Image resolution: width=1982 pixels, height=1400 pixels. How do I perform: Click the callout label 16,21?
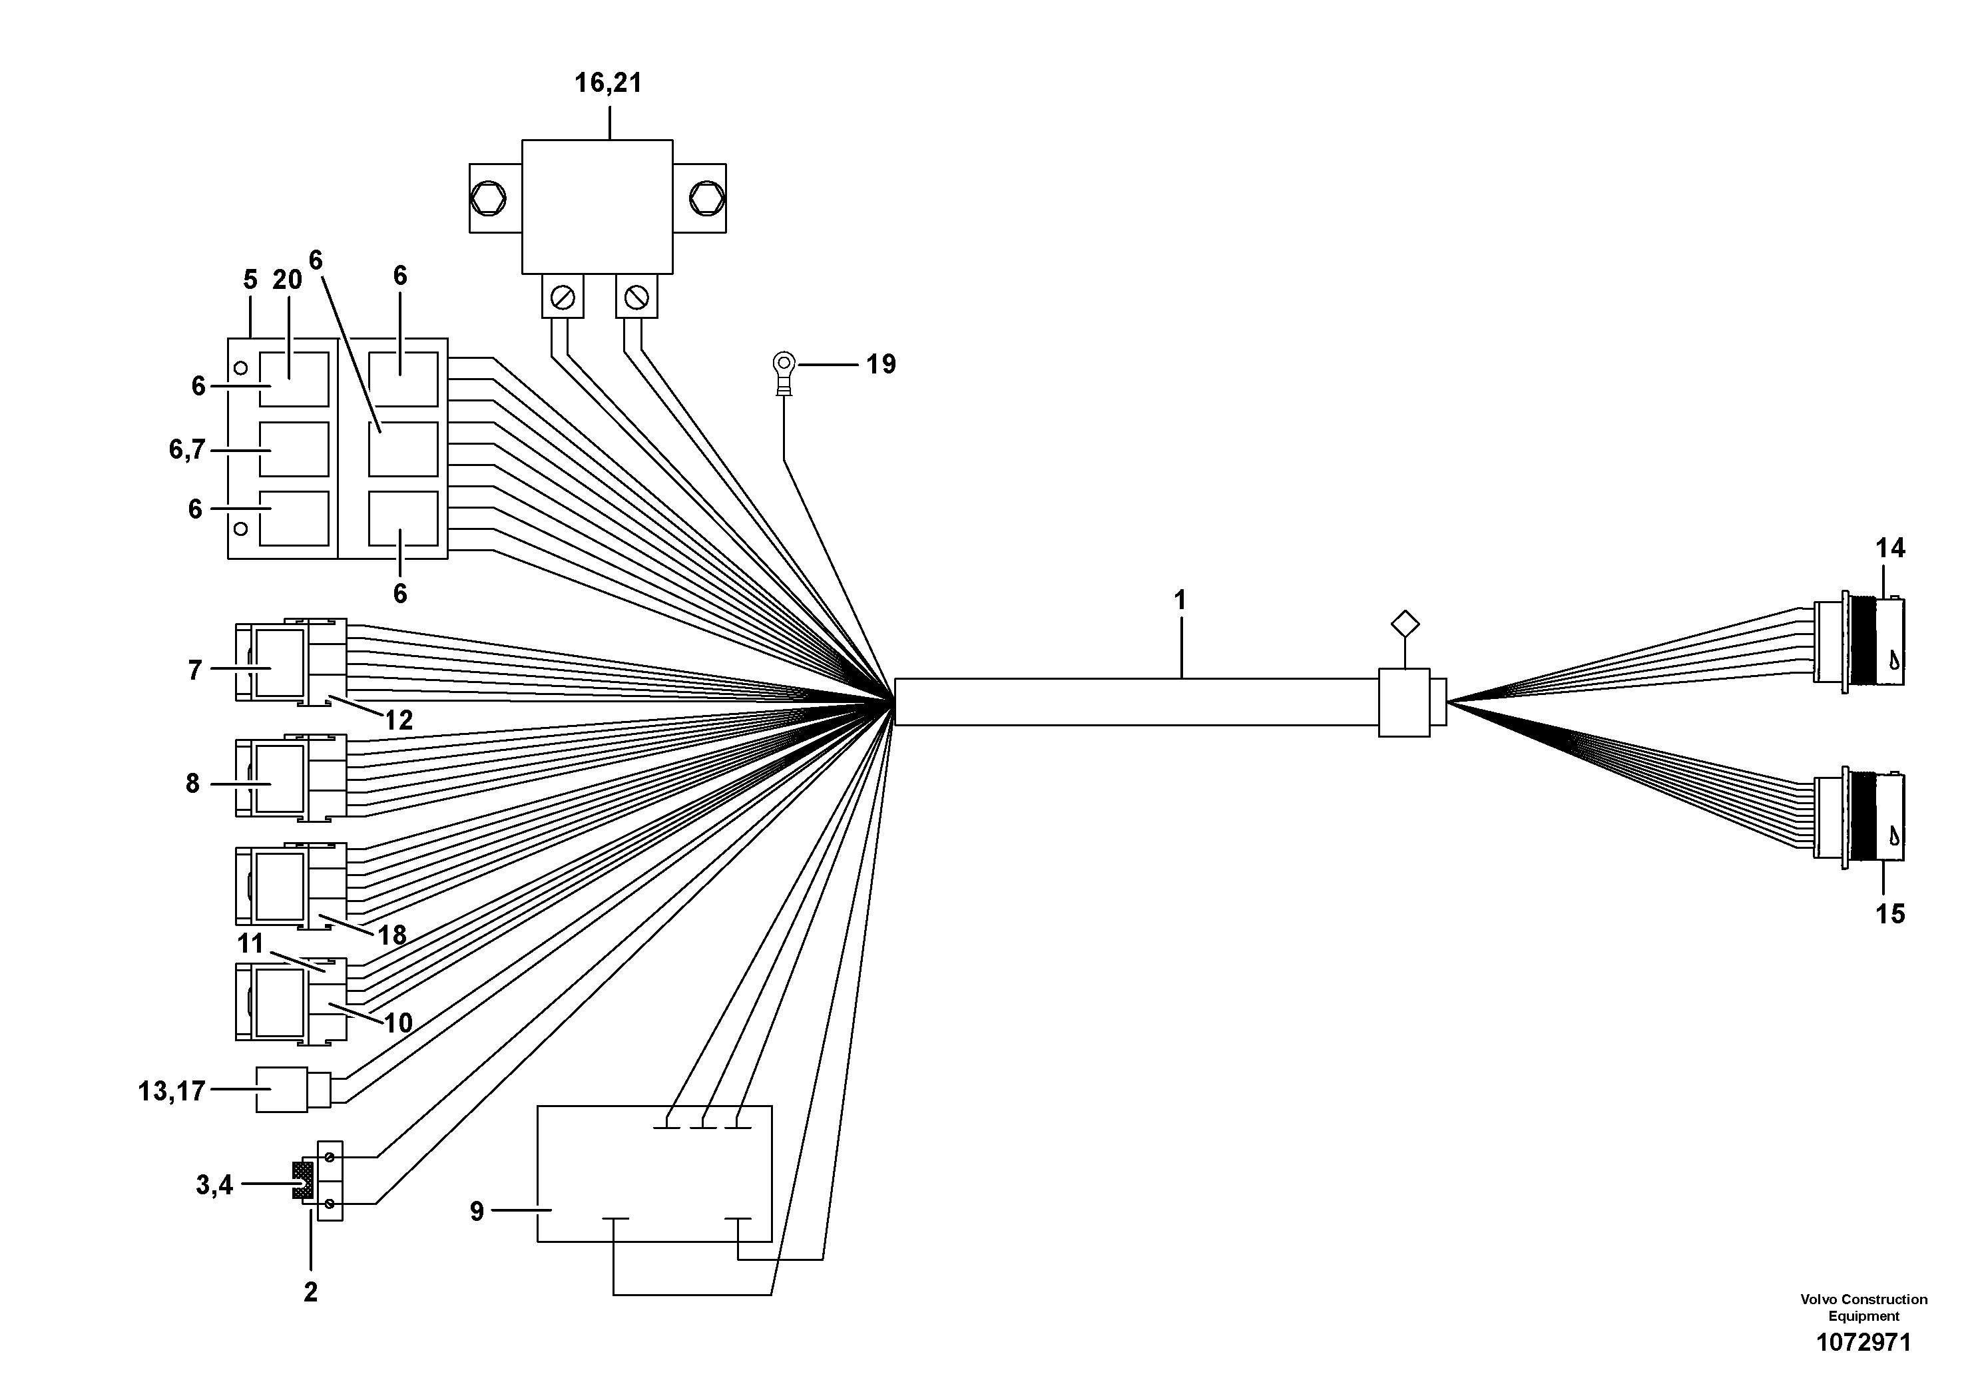pyautogui.click(x=609, y=84)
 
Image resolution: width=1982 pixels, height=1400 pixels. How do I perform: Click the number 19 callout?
pyautogui.click(x=881, y=364)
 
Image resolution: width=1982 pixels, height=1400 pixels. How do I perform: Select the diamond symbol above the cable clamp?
pyautogui.click(x=1405, y=624)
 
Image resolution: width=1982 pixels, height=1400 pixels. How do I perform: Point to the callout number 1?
pyautogui.click(x=1180, y=600)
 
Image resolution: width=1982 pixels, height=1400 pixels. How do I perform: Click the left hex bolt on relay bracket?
pyautogui.click(x=489, y=198)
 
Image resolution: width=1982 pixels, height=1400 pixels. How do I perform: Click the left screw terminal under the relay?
pyautogui.click(x=563, y=298)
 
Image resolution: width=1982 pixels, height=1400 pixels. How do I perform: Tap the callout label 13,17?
pyautogui.click(x=172, y=1092)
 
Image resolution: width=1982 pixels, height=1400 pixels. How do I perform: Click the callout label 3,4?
pyautogui.click(x=214, y=1185)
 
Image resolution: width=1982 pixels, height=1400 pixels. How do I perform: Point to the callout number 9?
pyautogui.click(x=477, y=1212)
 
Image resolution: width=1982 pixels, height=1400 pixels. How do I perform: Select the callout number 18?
pyautogui.click(x=392, y=935)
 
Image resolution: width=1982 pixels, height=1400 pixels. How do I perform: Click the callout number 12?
pyautogui.click(x=398, y=720)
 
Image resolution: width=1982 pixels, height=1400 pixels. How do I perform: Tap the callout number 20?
pyautogui.click(x=288, y=280)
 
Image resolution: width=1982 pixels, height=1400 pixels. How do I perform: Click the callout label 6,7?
pyautogui.click(x=187, y=450)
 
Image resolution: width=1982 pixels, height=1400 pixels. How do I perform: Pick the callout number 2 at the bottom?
pyautogui.click(x=311, y=1292)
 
